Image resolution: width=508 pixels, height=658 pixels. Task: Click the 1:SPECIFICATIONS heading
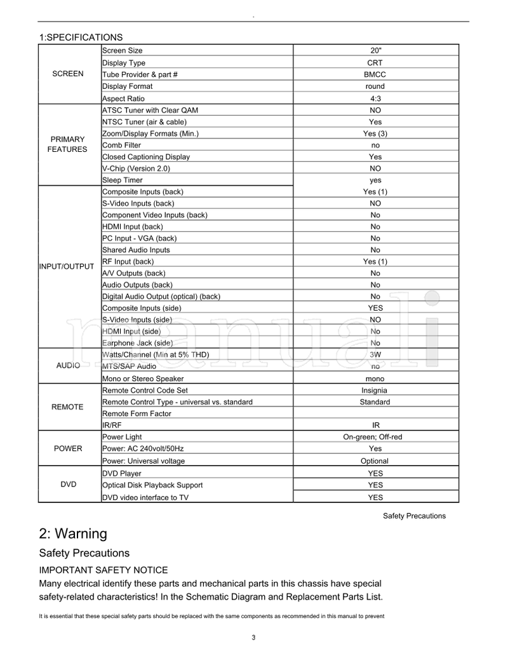pyautogui.click(x=81, y=37)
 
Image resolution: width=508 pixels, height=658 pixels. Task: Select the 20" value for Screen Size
pyautogui.click(x=375, y=51)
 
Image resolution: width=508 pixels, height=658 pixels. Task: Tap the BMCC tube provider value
pyautogui.click(x=375, y=74)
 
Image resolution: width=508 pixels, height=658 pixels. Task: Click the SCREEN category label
pyautogui.click(x=68, y=74)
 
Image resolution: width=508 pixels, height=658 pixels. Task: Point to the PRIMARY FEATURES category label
pyautogui.click(x=67, y=144)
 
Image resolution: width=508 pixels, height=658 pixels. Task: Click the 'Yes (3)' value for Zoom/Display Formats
pyautogui.click(x=375, y=133)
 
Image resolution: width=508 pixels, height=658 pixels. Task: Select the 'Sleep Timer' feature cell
pyautogui.click(x=123, y=180)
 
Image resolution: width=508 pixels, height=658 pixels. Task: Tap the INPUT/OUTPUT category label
pyautogui.click(x=67, y=266)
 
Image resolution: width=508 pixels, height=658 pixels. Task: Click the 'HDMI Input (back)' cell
pyautogui.click(x=133, y=227)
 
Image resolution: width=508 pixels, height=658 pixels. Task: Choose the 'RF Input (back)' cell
pyautogui.click(x=128, y=262)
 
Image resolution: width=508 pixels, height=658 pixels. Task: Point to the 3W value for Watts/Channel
pyautogui.click(x=375, y=354)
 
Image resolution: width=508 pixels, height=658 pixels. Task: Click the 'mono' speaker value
pyautogui.click(x=375, y=378)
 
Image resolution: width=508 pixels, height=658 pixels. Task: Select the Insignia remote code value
pyautogui.click(x=375, y=391)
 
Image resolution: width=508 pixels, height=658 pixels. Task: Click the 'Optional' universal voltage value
pyautogui.click(x=375, y=461)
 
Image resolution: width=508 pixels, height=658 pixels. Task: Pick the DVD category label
pyautogui.click(x=68, y=485)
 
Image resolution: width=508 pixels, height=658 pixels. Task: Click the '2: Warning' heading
pyautogui.click(x=73, y=534)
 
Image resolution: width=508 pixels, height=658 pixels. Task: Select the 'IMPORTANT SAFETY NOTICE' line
pyautogui.click(x=104, y=570)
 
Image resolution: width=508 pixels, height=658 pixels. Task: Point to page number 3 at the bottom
pyautogui.click(x=253, y=638)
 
